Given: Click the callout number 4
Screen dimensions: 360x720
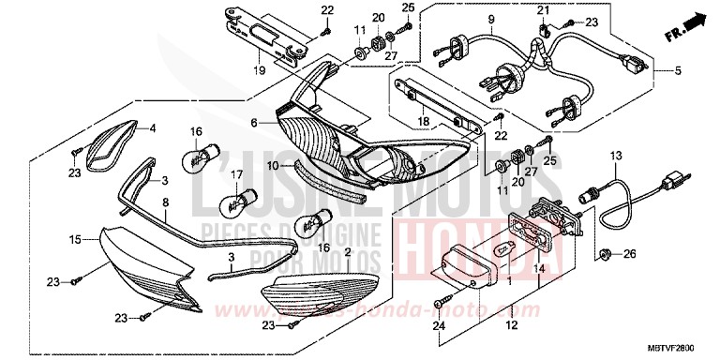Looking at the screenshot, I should coord(154,127).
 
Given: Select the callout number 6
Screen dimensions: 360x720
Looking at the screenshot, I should coord(253,123).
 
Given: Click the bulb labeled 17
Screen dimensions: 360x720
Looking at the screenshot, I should coord(237,199).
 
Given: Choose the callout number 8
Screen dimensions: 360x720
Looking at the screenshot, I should coord(165,201).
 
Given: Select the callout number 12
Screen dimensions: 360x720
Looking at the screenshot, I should coord(511,327).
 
